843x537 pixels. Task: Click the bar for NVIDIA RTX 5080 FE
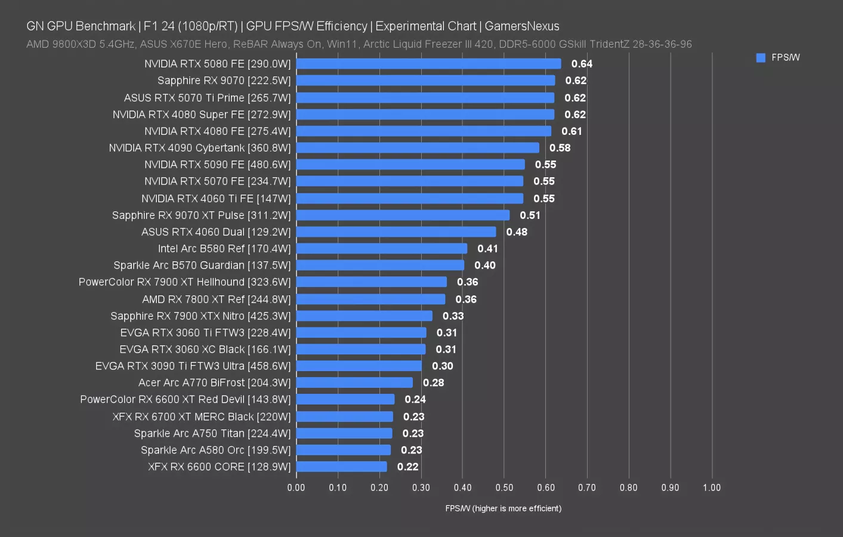click(x=428, y=64)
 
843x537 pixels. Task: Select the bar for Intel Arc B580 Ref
click(x=382, y=248)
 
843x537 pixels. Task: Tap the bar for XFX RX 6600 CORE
click(x=341, y=467)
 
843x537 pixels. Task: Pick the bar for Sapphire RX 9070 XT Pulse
click(x=403, y=215)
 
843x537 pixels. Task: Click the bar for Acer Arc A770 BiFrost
click(x=354, y=382)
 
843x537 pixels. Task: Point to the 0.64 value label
click(x=582, y=64)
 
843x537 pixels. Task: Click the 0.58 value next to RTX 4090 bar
click(x=560, y=148)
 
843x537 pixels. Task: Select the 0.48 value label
click(x=517, y=232)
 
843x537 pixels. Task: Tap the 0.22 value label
click(x=407, y=467)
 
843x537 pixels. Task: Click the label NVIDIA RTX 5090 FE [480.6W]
click(x=217, y=165)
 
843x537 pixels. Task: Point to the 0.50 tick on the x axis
click(x=504, y=487)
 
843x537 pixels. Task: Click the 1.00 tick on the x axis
click(x=712, y=487)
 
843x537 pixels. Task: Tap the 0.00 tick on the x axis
click(x=296, y=487)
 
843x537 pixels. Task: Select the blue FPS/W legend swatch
click(x=761, y=58)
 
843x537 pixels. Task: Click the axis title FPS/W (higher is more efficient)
click(x=503, y=508)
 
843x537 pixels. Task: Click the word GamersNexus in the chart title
click(x=522, y=26)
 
